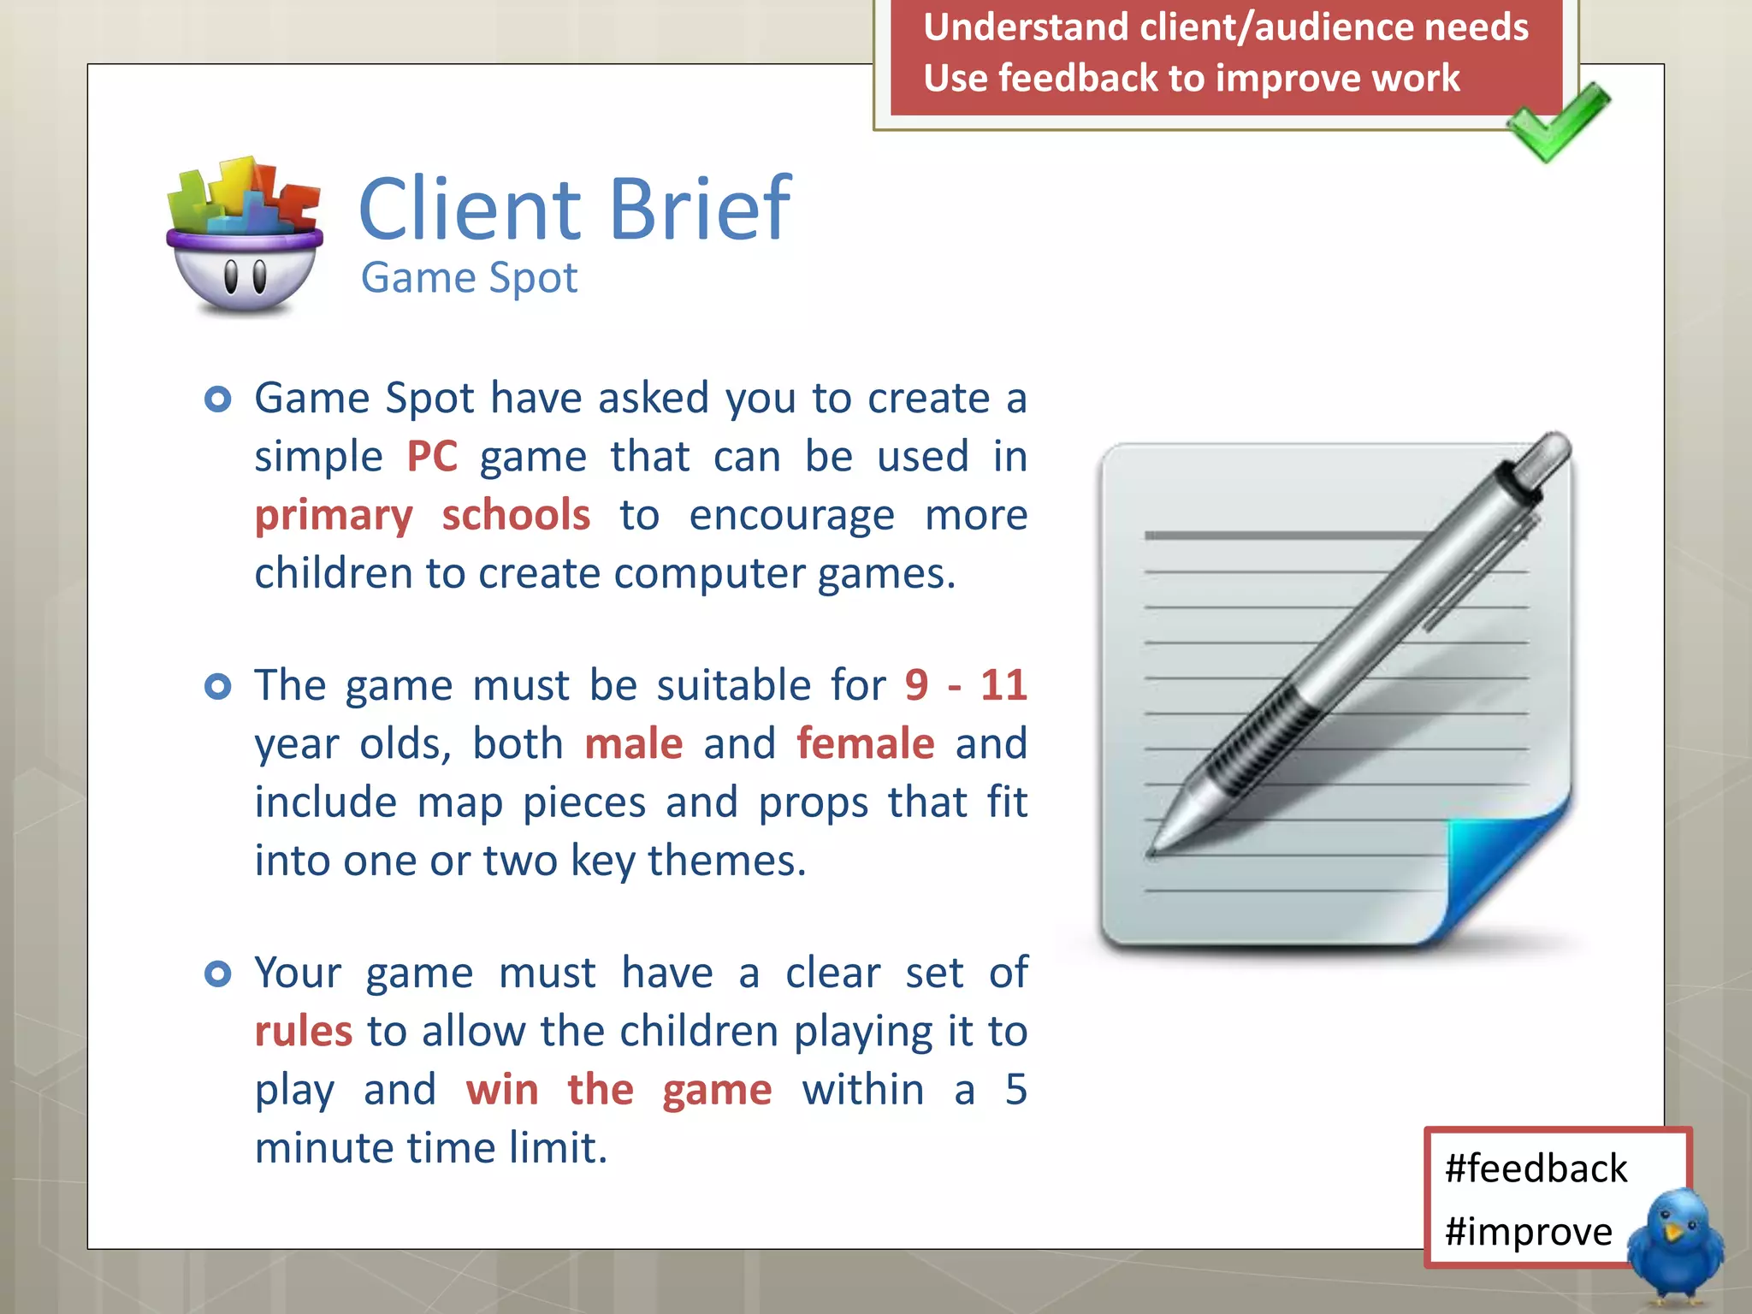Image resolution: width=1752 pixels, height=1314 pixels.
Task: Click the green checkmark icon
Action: tap(1559, 124)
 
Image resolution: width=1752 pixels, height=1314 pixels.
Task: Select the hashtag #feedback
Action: tap(1536, 1169)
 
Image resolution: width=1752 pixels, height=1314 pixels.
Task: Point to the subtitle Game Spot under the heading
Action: tap(469, 278)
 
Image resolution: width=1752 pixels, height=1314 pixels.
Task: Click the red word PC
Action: tap(432, 456)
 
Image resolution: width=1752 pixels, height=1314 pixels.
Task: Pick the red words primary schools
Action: tap(423, 515)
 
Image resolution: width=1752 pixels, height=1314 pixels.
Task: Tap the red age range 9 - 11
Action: tap(966, 685)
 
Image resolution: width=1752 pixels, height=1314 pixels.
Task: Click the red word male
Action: tap(634, 743)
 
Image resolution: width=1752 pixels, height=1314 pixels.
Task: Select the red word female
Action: tap(865, 743)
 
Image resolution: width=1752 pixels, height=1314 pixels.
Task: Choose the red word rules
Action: tap(304, 1031)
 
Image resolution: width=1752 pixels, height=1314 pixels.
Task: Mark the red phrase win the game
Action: tap(619, 1090)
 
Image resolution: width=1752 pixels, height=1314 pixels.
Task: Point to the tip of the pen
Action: tap(1151, 850)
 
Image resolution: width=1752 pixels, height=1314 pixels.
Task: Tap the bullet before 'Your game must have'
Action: tap(218, 974)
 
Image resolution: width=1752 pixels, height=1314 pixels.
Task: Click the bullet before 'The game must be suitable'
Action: tap(218, 686)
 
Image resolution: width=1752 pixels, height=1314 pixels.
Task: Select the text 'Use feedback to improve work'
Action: tap(1191, 78)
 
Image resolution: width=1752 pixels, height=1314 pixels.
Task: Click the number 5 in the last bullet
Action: tap(1015, 1090)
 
